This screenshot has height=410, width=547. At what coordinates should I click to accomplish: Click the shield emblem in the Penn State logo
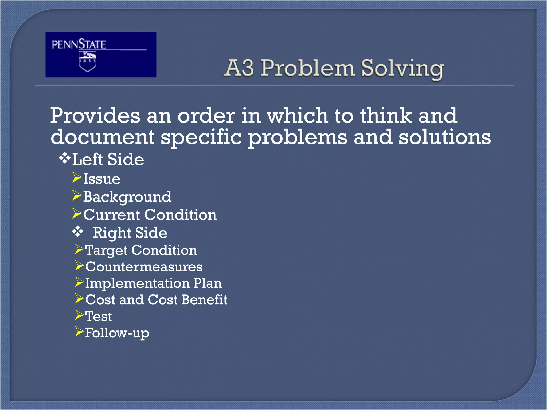pyautogui.click(x=87, y=61)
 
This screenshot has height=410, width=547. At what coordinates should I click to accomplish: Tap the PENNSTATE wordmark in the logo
pyautogui.click(x=79, y=44)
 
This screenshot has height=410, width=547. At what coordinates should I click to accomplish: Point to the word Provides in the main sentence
pyautogui.click(x=95, y=116)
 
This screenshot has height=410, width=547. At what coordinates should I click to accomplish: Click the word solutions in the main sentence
pyautogui.click(x=444, y=137)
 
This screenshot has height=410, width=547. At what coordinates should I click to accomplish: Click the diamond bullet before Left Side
pyautogui.click(x=64, y=159)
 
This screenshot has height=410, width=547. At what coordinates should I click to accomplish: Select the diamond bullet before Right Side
pyautogui.click(x=78, y=232)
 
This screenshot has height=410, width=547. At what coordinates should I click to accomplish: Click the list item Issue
pyautogui.click(x=102, y=179)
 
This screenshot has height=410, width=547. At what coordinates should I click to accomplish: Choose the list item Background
pyautogui.click(x=127, y=197)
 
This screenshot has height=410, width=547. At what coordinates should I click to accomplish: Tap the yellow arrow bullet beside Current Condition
pyautogui.click(x=76, y=214)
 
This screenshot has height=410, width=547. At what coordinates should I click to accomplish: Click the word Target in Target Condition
pyautogui.click(x=106, y=251)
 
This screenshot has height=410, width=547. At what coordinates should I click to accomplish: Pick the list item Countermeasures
pyautogui.click(x=144, y=267)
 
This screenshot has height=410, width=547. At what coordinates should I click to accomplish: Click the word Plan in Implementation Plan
pyautogui.click(x=208, y=283)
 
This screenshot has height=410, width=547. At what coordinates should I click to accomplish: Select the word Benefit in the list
pyautogui.click(x=204, y=300)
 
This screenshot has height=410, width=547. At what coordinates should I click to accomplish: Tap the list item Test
pyautogui.click(x=98, y=316)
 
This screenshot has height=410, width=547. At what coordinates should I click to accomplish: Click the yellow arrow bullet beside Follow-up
pyautogui.click(x=79, y=332)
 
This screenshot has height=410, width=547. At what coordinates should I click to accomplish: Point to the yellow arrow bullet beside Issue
pyautogui.click(x=76, y=178)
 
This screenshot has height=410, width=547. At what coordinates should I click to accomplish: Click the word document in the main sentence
pyautogui.click(x=102, y=137)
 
